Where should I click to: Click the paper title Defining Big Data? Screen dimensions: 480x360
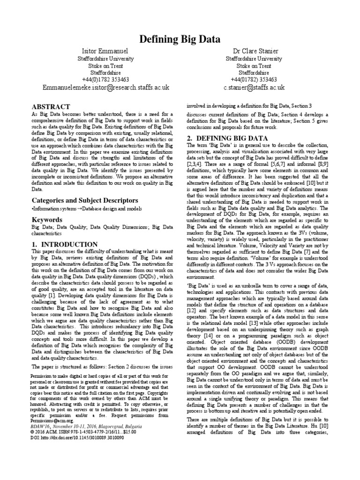pos(180,39)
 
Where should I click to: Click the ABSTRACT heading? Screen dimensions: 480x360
pos(51,107)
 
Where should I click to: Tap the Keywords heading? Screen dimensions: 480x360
pos(47,219)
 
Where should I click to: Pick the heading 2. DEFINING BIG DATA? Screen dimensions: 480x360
pos(227,139)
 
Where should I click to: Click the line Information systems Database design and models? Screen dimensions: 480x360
pos(80,208)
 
